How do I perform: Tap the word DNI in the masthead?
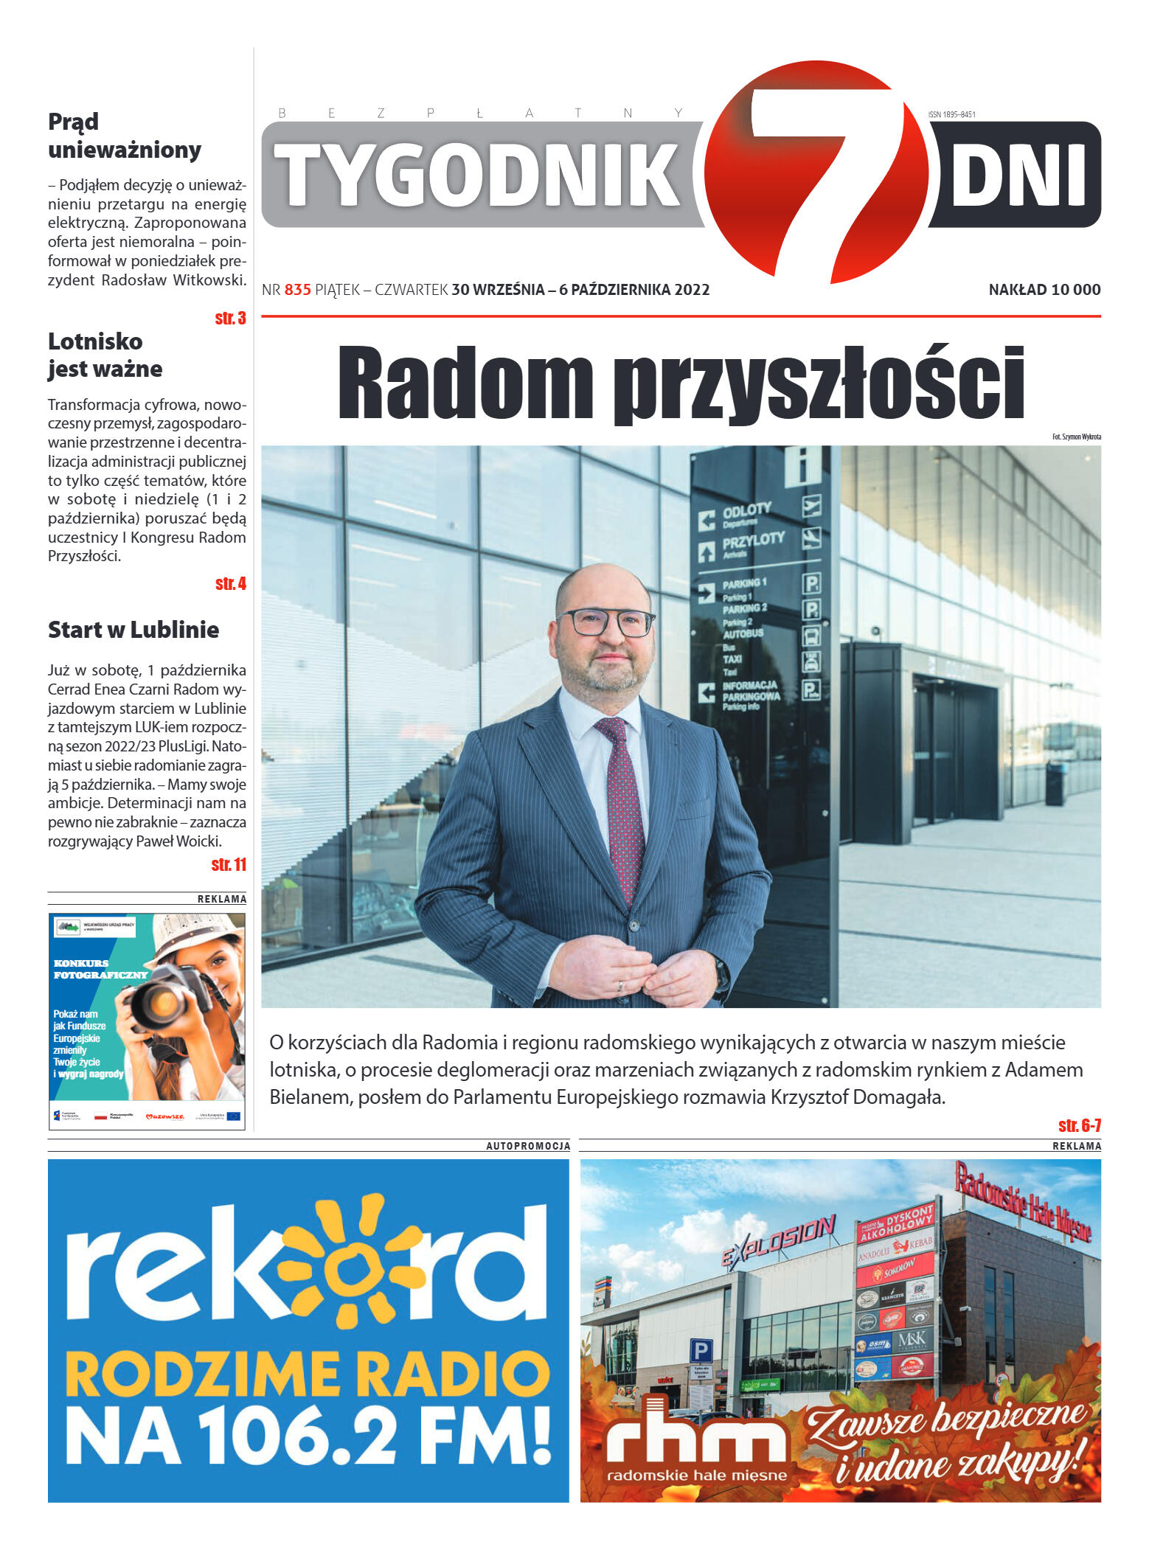(x=1018, y=175)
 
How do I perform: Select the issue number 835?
(x=297, y=290)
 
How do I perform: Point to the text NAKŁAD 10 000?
(x=1044, y=290)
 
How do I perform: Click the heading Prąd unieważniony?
(x=124, y=136)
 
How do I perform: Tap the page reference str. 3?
(x=230, y=319)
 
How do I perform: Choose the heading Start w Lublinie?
(x=133, y=630)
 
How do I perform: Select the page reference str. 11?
(x=229, y=865)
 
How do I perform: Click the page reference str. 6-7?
(x=1079, y=1125)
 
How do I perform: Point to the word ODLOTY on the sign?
(x=746, y=510)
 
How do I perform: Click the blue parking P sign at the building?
(x=701, y=1352)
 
